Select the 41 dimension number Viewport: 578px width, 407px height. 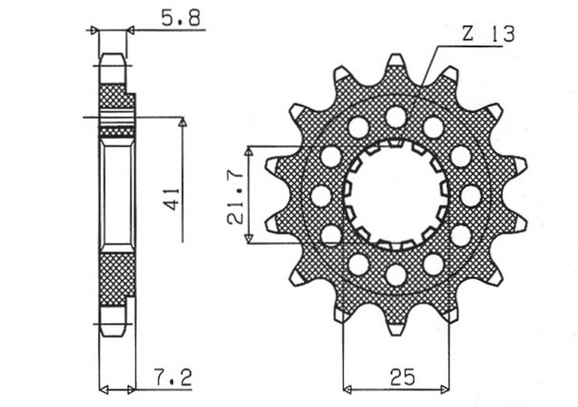pyautogui.click(x=172, y=199)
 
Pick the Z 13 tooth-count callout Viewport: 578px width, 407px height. pyautogui.click(x=488, y=34)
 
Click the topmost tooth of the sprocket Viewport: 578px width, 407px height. pyautogui.click(x=396, y=61)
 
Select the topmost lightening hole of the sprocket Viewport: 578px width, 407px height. pyautogui.click(x=396, y=117)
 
